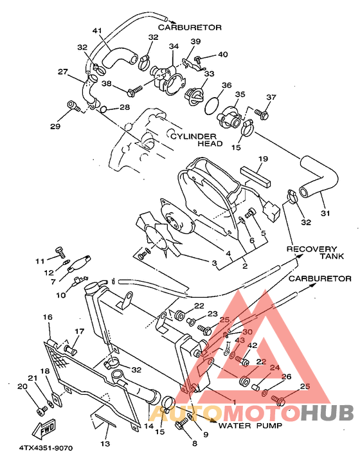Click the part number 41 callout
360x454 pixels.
pyautogui.click(x=97, y=31)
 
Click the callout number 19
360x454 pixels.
pyautogui.click(x=263, y=158)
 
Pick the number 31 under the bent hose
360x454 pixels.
pyautogui.click(x=326, y=214)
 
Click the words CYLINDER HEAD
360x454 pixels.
pyautogui.click(x=196, y=140)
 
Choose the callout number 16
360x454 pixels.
pyautogui.click(x=47, y=317)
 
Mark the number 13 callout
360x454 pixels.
pyautogui.click(x=105, y=444)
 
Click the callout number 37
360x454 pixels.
pyautogui.click(x=271, y=97)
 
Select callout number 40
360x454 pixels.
pyautogui.click(x=223, y=54)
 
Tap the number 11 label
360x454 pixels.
pyautogui.click(x=39, y=261)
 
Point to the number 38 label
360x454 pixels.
pyautogui.click(x=106, y=84)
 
